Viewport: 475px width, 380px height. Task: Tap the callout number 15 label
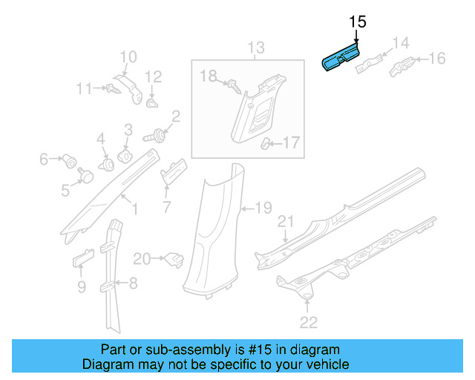(357, 22)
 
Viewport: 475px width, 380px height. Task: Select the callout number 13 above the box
(255, 49)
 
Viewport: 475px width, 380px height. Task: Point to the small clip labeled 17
(266, 142)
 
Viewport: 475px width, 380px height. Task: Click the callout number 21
(286, 222)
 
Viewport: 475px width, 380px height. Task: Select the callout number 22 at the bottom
(308, 321)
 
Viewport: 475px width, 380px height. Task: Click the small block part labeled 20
(174, 259)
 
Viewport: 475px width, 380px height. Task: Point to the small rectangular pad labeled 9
(82, 258)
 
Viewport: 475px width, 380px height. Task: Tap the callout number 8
(134, 282)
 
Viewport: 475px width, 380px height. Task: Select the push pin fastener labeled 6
(71, 158)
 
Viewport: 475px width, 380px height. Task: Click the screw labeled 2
(158, 136)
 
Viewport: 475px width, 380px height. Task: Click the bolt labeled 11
(111, 90)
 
